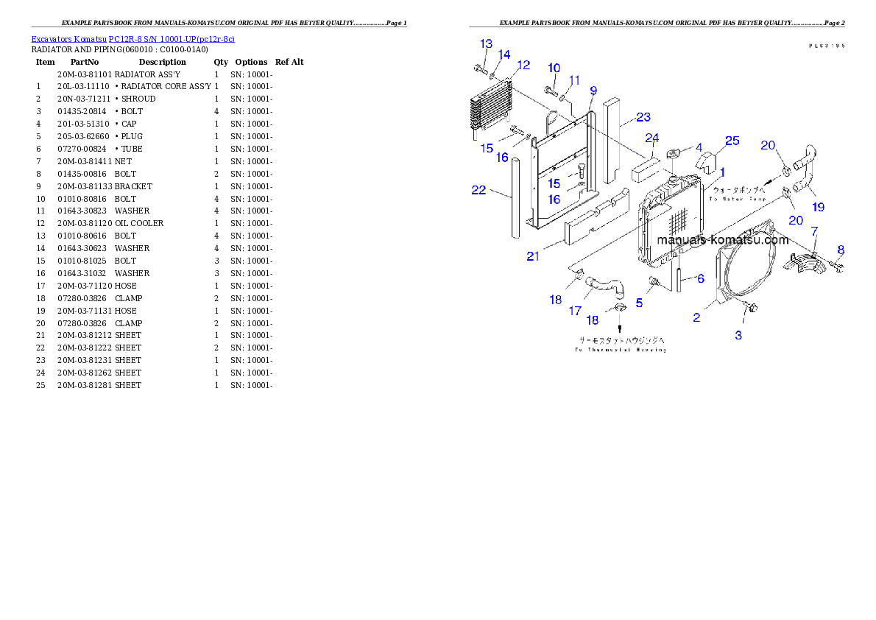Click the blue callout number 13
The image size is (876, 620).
(486, 43)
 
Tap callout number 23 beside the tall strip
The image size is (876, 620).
(643, 117)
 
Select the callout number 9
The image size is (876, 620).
(593, 91)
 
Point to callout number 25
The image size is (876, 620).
(732, 141)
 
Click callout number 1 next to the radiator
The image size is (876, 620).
(723, 172)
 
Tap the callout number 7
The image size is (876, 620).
(814, 231)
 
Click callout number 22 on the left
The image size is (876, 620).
(479, 190)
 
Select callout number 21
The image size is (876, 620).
(533, 256)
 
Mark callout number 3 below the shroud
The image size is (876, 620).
(738, 335)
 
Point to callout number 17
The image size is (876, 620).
(575, 311)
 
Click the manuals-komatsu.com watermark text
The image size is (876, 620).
(722, 240)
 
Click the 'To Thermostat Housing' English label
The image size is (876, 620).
(620, 350)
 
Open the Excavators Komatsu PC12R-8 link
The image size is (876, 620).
(133, 38)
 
